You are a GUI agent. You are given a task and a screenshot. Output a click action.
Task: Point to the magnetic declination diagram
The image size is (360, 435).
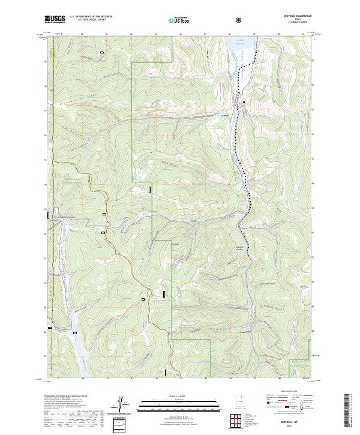coord(124,405)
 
